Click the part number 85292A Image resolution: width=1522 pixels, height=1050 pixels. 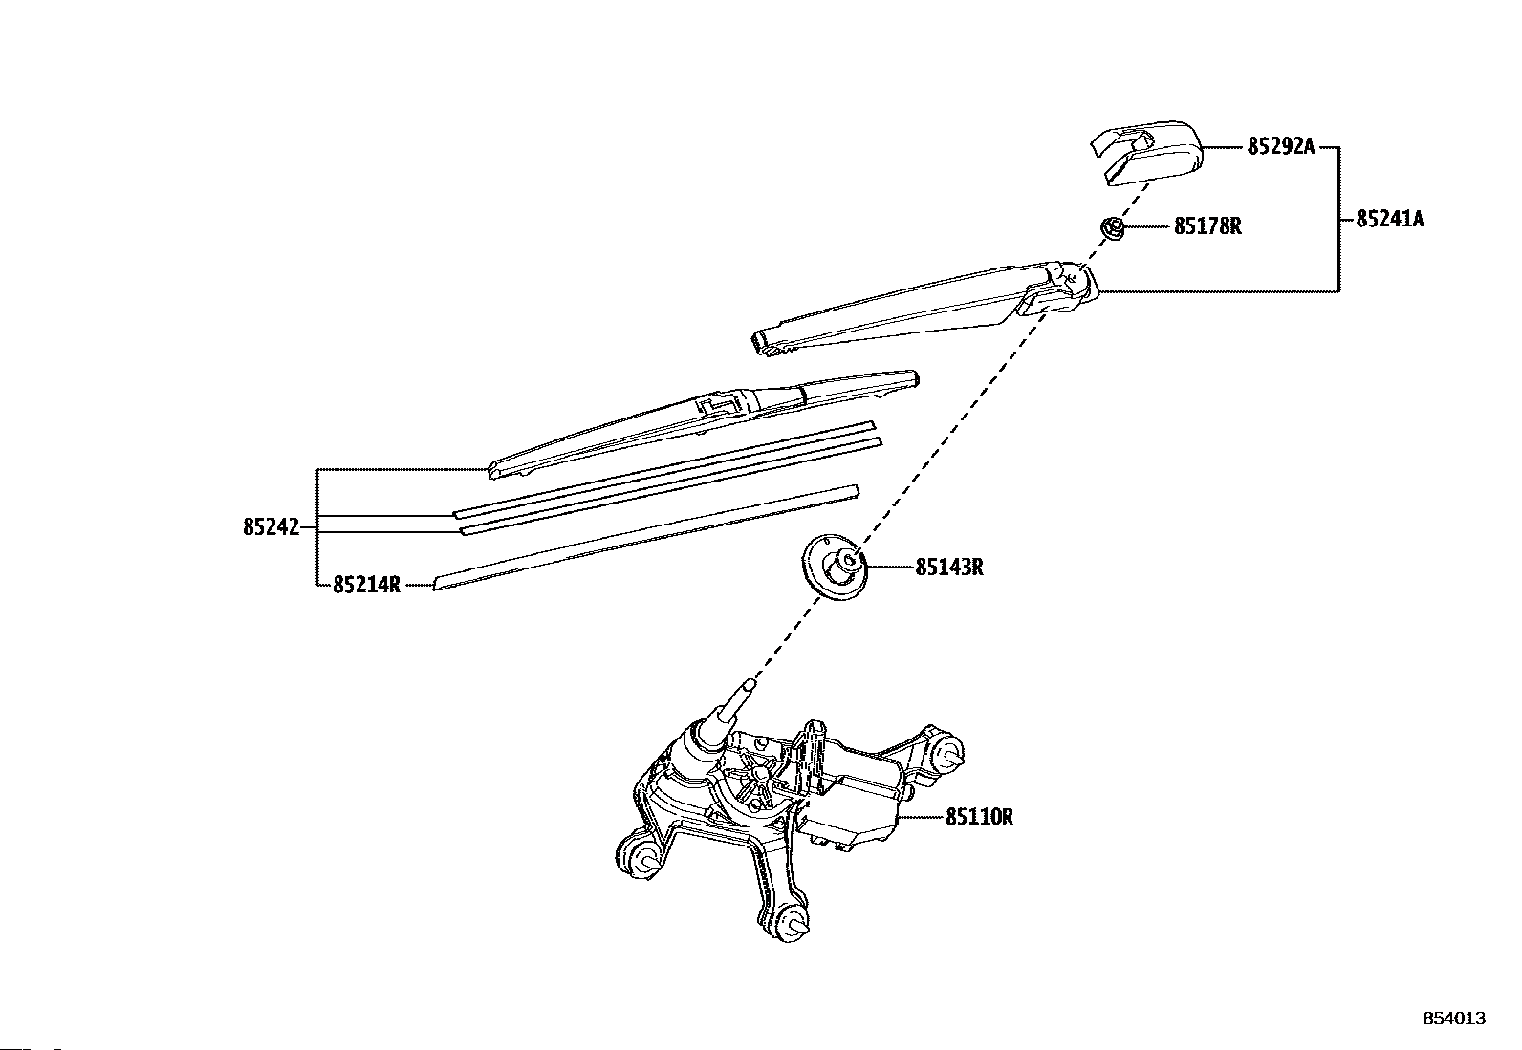click(x=1280, y=147)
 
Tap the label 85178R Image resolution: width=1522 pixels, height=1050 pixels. click(x=1207, y=226)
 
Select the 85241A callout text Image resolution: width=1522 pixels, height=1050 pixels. click(x=1389, y=219)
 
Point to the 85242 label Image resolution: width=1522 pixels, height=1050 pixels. click(x=271, y=526)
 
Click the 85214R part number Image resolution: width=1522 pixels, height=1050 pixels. click(x=366, y=585)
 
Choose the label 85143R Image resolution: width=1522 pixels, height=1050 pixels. click(x=948, y=567)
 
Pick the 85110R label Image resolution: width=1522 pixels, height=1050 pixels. click(x=979, y=817)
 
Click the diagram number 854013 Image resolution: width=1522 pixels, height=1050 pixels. click(x=1454, y=1018)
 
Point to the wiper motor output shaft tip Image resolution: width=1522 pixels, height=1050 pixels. click(x=749, y=685)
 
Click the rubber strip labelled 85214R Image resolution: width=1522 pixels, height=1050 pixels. click(x=645, y=536)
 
